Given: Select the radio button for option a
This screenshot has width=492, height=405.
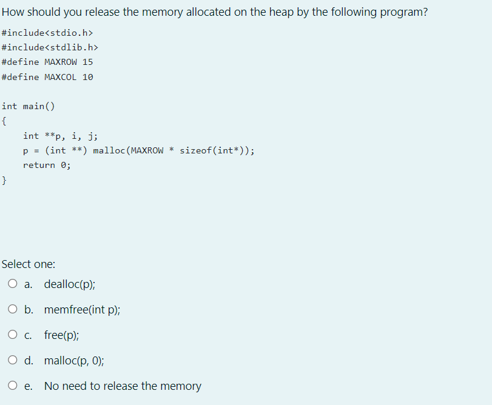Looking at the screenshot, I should point(13,284).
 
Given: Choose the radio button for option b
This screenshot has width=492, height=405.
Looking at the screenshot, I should point(13,309).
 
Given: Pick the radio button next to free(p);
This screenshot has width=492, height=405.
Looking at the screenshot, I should point(13,335).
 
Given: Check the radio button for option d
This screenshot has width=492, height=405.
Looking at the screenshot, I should point(13,360).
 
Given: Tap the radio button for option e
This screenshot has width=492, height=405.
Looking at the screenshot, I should point(13,386).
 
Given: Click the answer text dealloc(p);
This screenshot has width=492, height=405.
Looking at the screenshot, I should point(69,284).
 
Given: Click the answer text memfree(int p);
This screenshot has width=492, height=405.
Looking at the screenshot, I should point(82,309).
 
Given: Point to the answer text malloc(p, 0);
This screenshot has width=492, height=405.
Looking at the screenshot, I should point(74,360).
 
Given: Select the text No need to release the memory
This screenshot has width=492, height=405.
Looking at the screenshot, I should point(123,386).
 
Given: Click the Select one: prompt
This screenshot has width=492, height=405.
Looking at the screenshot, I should point(29,264).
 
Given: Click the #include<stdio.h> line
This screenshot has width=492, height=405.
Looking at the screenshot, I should point(47,32).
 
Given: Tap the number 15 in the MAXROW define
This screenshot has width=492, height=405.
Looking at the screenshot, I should point(87,62).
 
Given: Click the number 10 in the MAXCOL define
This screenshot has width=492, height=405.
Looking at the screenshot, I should point(87,77).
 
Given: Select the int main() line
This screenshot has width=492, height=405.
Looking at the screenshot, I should point(28,107).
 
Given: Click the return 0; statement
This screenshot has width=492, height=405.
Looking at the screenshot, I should point(47,165).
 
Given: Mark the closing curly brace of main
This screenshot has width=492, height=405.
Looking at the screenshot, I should point(4,180).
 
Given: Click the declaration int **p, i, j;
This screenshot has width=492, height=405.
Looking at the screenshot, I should point(61,136).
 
